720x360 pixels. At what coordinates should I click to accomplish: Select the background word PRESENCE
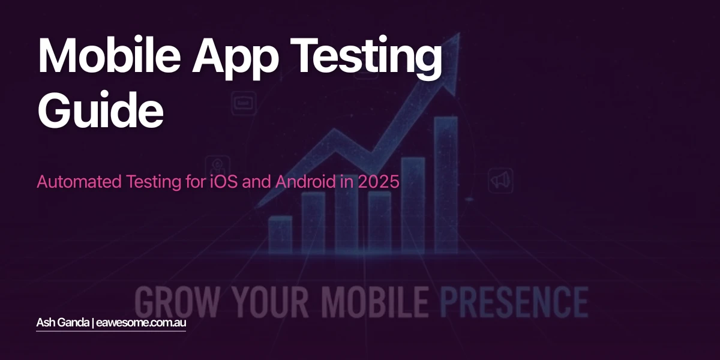pyautogui.click(x=513, y=301)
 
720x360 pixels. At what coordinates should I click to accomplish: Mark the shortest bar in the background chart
pyautogui.click(x=280, y=234)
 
